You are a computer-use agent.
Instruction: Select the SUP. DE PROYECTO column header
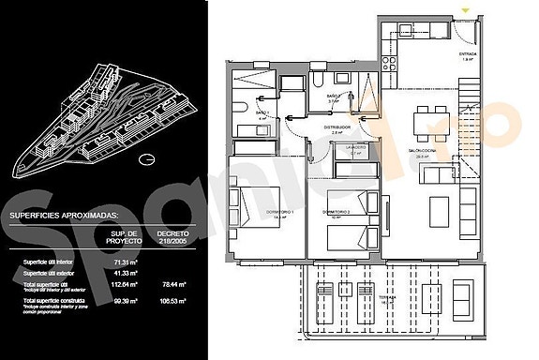(x=124, y=236)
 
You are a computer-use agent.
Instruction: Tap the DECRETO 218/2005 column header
(x=171, y=236)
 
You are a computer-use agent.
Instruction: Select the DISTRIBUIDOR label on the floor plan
(x=337, y=127)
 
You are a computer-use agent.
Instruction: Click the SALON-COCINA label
(x=431, y=154)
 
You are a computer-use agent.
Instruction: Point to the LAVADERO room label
(x=353, y=148)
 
